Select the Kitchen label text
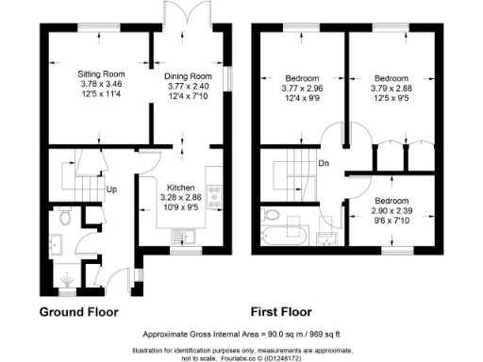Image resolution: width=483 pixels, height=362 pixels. point(180,188)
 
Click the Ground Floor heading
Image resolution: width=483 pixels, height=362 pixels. point(84,312)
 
